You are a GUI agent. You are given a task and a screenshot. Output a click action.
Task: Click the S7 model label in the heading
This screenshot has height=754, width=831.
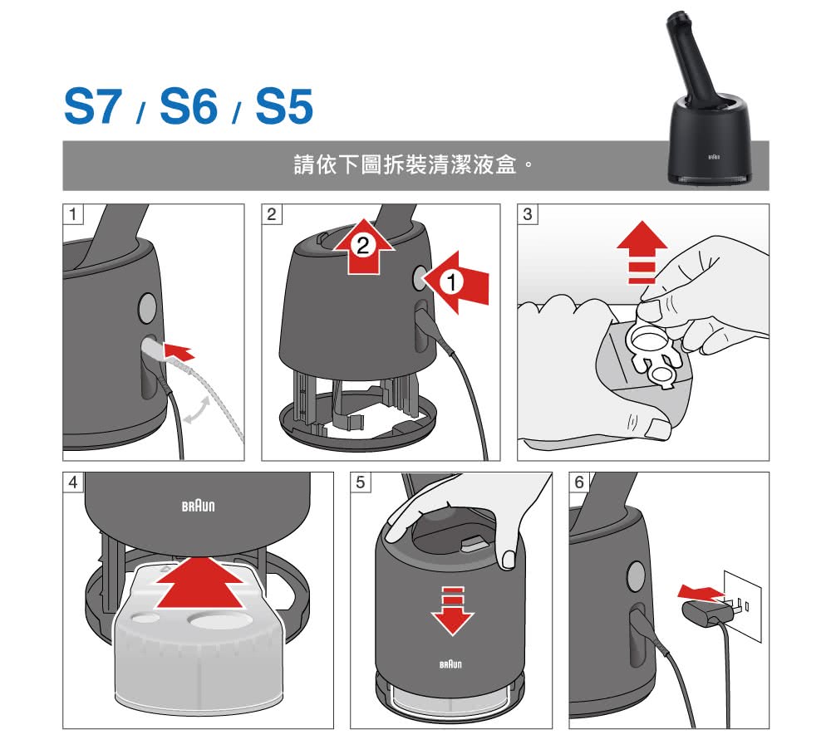coord(93,106)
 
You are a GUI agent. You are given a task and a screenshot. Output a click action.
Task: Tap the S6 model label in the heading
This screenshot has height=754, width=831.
coord(188,106)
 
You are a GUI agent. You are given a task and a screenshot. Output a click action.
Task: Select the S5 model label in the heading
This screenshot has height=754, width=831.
coord(284,106)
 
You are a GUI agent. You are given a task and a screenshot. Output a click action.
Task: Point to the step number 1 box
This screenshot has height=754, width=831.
coord(73,214)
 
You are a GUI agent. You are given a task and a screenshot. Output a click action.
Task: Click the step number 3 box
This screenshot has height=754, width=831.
coord(528,214)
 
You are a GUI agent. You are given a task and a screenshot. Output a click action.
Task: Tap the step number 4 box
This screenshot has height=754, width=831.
coord(73,482)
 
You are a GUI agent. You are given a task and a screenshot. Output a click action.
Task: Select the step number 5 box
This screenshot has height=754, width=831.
coord(361,482)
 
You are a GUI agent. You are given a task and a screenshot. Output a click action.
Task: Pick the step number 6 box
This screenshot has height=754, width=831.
coord(579,482)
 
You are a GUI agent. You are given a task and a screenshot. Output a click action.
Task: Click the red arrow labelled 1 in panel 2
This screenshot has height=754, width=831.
coord(456,282)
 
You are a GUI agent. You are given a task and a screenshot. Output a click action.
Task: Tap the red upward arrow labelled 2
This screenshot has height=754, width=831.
coord(364,247)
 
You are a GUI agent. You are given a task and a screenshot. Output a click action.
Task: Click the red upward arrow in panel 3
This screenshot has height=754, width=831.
coord(642,252)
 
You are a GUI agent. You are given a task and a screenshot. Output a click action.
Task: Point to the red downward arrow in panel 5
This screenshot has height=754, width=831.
coord(452,610)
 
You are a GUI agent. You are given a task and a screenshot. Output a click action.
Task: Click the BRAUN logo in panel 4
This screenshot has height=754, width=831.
coord(199,506)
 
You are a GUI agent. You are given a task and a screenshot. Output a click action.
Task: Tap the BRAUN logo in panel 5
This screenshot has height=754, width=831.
coord(450,664)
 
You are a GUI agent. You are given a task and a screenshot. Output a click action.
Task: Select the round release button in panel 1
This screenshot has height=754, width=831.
coord(147,307)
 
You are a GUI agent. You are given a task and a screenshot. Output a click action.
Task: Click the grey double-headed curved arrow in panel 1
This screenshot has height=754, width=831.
coord(197,410)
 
